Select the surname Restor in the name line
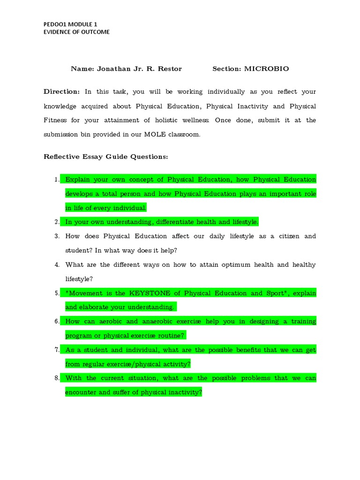click(170, 68)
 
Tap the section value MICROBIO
click(266, 68)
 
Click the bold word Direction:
click(62, 92)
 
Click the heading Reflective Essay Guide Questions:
click(105, 157)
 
